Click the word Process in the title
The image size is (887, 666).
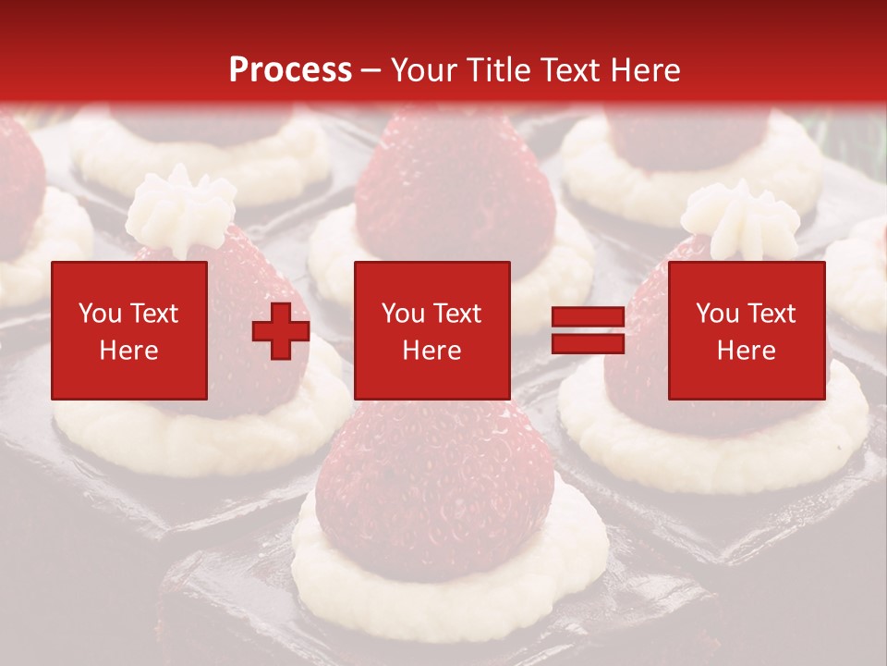pos(290,70)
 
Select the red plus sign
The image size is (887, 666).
pos(281,330)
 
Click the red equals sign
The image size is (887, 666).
pos(588,330)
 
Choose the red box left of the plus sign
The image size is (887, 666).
pos(129,330)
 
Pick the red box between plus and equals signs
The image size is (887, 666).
pos(432,330)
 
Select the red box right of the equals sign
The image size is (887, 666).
pos(747,330)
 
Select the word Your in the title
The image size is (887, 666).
pos(423,70)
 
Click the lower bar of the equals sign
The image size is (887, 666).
pos(588,343)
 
